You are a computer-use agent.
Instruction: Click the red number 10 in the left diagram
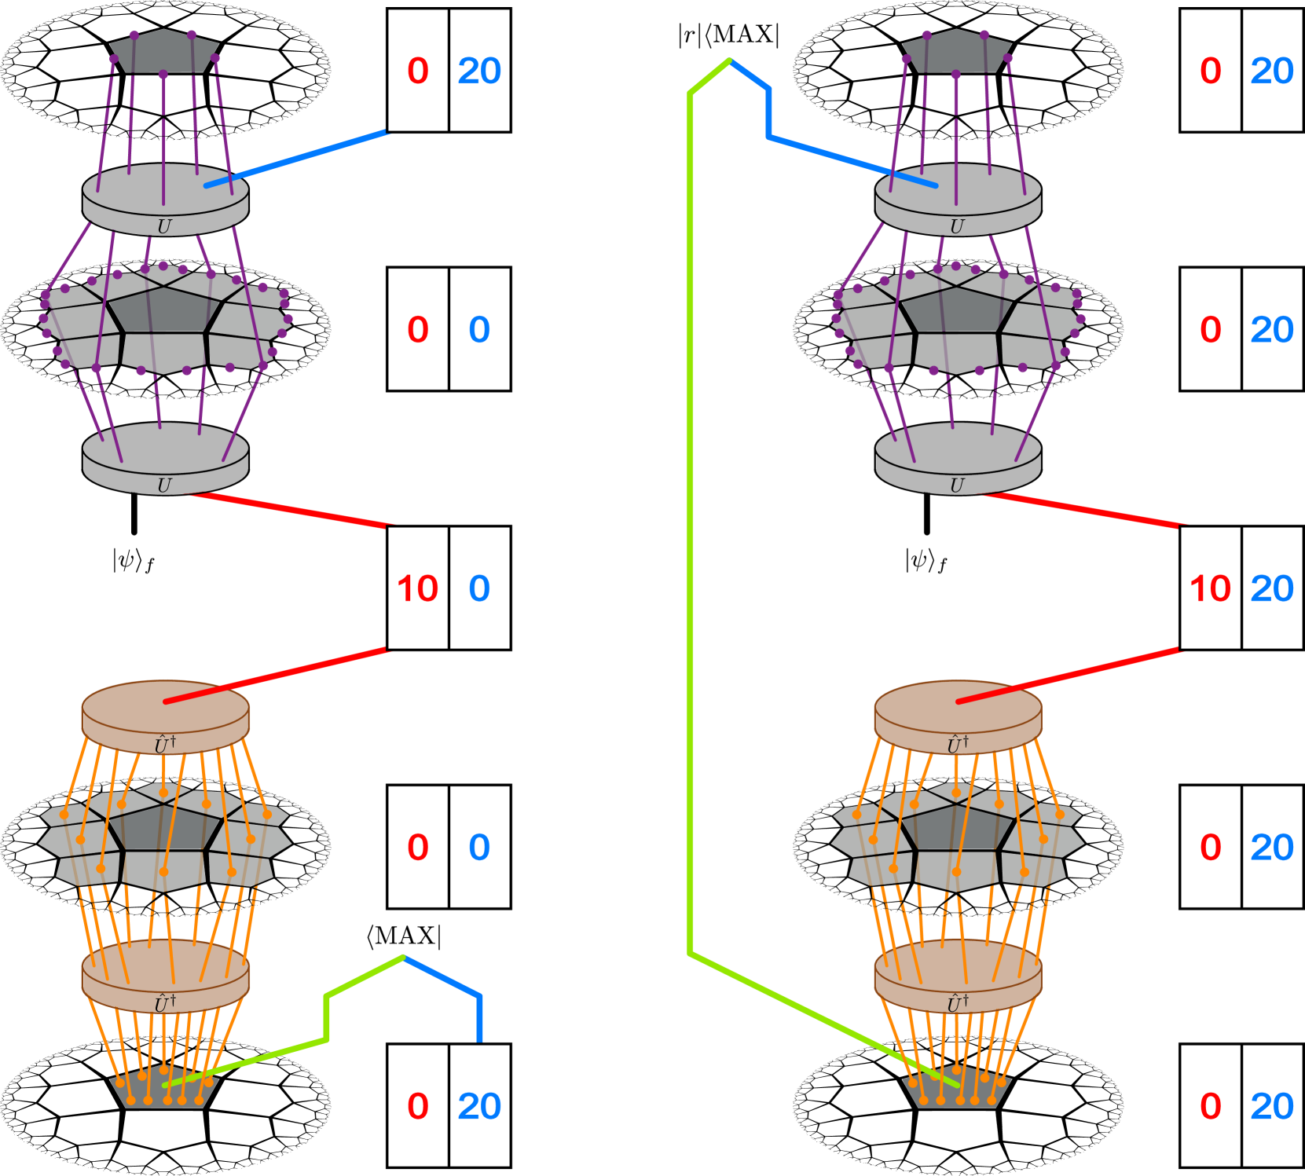(417, 588)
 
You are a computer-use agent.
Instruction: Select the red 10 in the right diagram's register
(1210, 588)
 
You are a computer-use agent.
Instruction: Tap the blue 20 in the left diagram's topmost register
(479, 71)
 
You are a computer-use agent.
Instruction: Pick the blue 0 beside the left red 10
(479, 588)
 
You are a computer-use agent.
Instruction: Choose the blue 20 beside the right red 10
(1271, 588)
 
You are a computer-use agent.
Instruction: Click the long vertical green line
(690, 518)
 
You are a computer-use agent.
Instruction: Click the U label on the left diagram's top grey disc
(164, 227)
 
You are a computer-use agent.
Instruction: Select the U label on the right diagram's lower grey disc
(957, 485)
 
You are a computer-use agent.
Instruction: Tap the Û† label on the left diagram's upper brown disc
(165, 744)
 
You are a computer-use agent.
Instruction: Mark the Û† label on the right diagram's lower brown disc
(958, 1003)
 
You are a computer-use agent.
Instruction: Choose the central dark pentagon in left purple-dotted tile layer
(163, 310)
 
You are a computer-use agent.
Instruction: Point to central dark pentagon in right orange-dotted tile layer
(958, 829)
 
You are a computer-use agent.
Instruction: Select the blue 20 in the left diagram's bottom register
(479, 1106)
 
